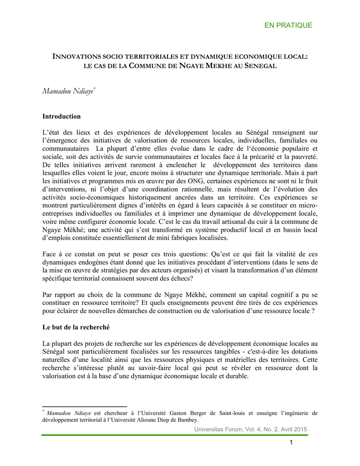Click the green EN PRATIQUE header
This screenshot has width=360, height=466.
point(288,25)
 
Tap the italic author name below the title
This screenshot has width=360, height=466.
point(68,91)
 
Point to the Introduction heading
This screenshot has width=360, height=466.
point(61,116)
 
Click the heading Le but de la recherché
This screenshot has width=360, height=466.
point(76,327)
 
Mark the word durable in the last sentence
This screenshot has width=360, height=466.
point(235,376)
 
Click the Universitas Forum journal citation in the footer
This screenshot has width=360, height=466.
point(250,429)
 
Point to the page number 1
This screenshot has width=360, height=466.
point(290,443)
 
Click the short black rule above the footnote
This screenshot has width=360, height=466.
point(84,406)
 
